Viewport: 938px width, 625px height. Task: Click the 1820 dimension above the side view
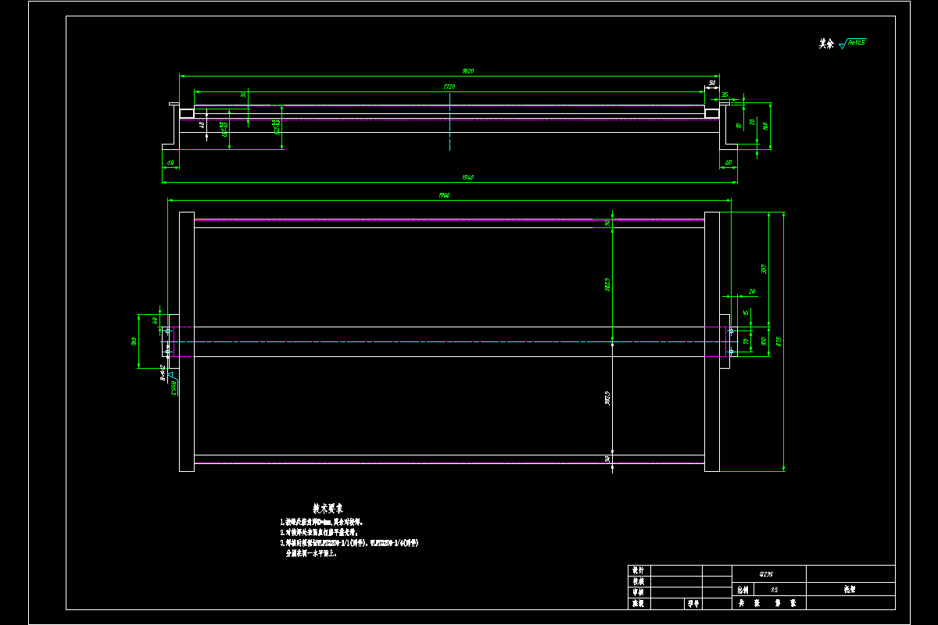point(468,71)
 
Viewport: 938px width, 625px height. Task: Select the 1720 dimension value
point(449,87)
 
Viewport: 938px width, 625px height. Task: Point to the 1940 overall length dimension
point(467,177)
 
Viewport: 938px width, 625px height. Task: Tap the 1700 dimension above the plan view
point(444,195)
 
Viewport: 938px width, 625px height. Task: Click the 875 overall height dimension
point(779,341)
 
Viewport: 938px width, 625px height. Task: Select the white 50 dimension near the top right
point(712,82)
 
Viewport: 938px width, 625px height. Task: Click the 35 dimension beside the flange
point(725,95)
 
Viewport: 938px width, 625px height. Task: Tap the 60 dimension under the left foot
point(170,162)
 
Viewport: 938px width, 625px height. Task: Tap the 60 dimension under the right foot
point(728,162)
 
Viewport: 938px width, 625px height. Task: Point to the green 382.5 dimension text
point(607,286)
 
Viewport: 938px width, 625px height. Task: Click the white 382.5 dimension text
point(607,398)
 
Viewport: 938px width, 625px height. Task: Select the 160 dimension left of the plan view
point(134,341)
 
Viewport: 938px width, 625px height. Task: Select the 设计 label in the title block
point(638,571)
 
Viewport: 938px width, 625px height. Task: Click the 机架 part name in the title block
point(850,591)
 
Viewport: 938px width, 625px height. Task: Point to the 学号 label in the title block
point(693,603)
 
